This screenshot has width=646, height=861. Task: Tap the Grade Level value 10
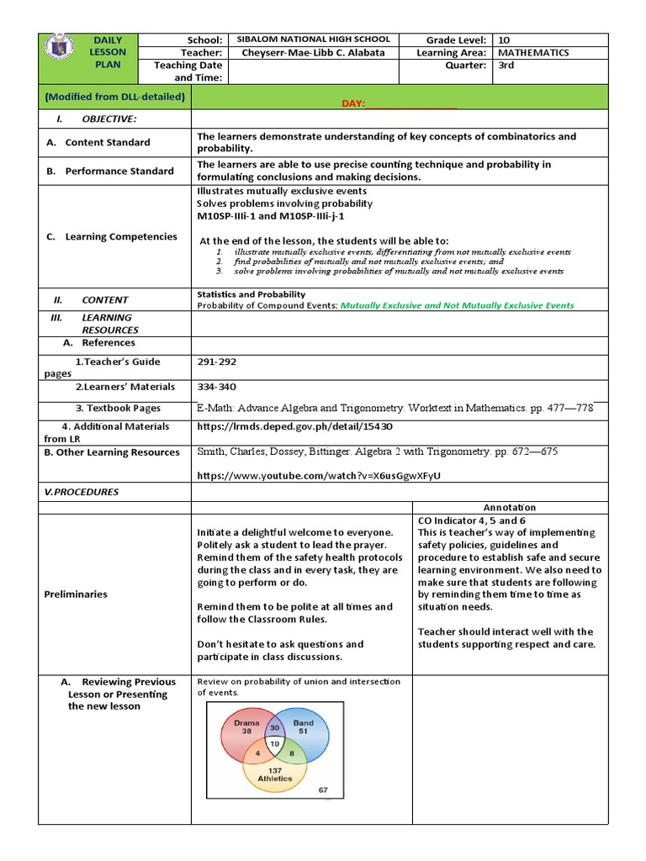click(503, 40)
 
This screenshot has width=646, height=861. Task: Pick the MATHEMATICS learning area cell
click(533, 52)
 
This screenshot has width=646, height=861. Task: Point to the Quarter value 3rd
click(506, 66)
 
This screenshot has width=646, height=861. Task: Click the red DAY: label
click(353, 103)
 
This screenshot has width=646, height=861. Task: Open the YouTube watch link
click(318, 476)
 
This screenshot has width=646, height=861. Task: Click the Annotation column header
click(509, 507)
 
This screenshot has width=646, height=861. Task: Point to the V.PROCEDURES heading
click(82, 492)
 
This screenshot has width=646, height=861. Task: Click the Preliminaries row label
click(76, 594)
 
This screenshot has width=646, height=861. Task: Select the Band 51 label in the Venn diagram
click(303, 726)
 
